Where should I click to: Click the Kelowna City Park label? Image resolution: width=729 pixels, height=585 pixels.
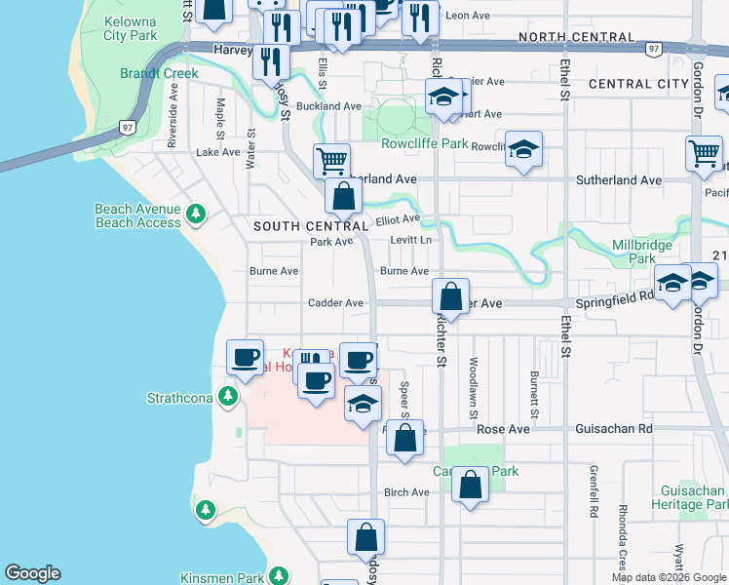[130, 28]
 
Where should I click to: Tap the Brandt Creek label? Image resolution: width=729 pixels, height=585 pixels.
[159, 73]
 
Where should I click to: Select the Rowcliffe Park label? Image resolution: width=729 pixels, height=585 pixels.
[426, 143]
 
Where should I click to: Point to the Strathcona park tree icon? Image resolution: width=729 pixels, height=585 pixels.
[227, 396]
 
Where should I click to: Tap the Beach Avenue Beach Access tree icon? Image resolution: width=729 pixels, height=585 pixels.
[196, 213]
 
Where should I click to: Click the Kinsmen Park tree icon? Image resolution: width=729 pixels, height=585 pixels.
[278, 576]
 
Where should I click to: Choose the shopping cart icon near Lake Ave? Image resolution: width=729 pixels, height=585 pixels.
[331, 161]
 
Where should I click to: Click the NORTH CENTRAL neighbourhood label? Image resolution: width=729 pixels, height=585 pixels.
[579, 37]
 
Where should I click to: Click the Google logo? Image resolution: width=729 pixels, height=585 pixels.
[32, 573]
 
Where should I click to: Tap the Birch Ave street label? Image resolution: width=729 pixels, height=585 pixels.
[406, 492]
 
